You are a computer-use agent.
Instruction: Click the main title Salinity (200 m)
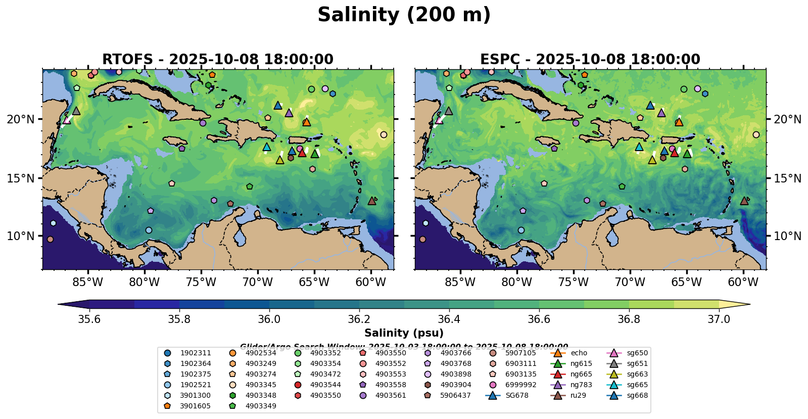point(404,15)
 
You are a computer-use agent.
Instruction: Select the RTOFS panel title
point(217,60)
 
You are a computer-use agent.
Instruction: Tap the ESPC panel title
point(590,60)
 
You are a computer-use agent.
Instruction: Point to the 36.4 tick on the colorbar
point(449,319)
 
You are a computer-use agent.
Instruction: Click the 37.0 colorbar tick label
point(719,319)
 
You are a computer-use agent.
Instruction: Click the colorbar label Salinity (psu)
point(404,333)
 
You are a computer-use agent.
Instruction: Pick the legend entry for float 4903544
point(324,385)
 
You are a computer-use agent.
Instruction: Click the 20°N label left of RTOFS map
point(21,119)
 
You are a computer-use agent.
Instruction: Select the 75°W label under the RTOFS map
point(201,282)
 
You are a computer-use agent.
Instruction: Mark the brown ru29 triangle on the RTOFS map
point(372,201)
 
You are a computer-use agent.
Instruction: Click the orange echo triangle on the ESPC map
point(679,122)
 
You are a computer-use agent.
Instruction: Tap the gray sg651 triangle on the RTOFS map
point(76,111)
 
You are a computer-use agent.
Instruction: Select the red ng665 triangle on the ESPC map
point(674,152)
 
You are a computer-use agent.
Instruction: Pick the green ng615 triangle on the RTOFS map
point(315,154)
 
